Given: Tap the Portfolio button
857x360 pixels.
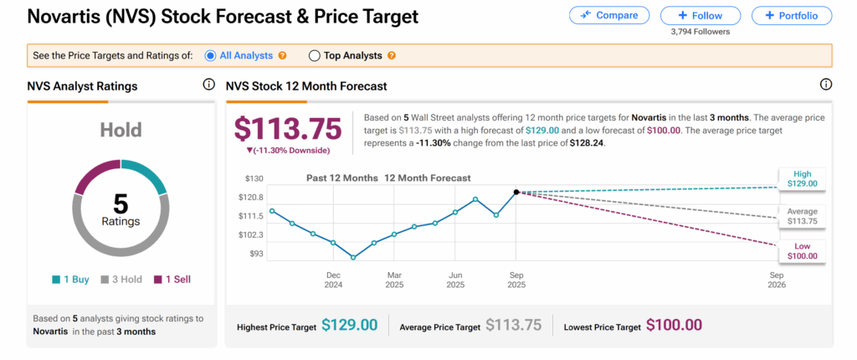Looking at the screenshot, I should coord(792,15).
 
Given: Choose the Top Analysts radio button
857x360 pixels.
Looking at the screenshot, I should coord(315,55).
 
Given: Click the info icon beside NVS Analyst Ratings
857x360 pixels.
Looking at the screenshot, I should coord(208,85).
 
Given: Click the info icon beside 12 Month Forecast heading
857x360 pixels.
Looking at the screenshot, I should coord(826,85).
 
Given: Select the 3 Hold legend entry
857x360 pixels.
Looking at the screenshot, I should coord(120,279).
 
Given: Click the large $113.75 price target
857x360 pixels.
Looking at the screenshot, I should coord(288,128).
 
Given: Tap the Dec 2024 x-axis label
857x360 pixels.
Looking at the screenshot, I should coord(332,280).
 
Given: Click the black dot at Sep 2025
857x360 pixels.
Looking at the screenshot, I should coord(516,192).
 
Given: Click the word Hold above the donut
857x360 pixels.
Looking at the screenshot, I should coord(121,130).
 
